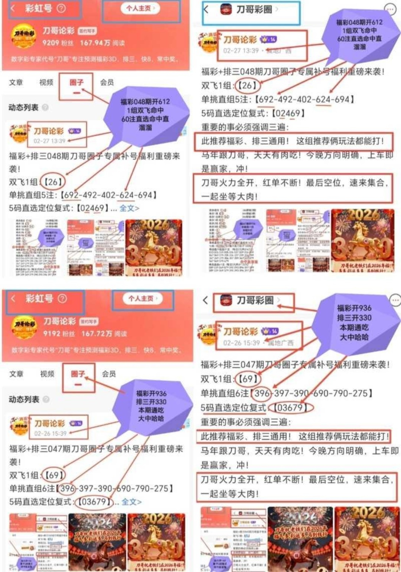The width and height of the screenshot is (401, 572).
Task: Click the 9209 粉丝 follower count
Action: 58,43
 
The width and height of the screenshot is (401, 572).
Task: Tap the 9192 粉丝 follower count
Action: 58,333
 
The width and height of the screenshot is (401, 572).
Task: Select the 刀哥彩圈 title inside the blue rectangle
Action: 254,10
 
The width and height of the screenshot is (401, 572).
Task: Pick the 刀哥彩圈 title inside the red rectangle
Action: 255,300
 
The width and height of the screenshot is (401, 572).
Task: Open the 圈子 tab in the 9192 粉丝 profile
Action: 78,374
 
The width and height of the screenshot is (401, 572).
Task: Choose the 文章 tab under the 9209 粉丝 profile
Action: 16,82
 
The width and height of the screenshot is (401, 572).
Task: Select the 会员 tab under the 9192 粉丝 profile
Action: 109,374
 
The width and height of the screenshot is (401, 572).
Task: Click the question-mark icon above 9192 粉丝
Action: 62,298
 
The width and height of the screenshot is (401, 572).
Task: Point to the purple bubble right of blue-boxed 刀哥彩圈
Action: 359,34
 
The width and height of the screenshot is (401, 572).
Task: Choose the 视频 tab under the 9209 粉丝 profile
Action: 46,82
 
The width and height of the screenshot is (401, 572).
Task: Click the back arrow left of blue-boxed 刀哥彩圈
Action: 206,10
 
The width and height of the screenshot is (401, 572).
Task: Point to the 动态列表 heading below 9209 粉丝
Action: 23,108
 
